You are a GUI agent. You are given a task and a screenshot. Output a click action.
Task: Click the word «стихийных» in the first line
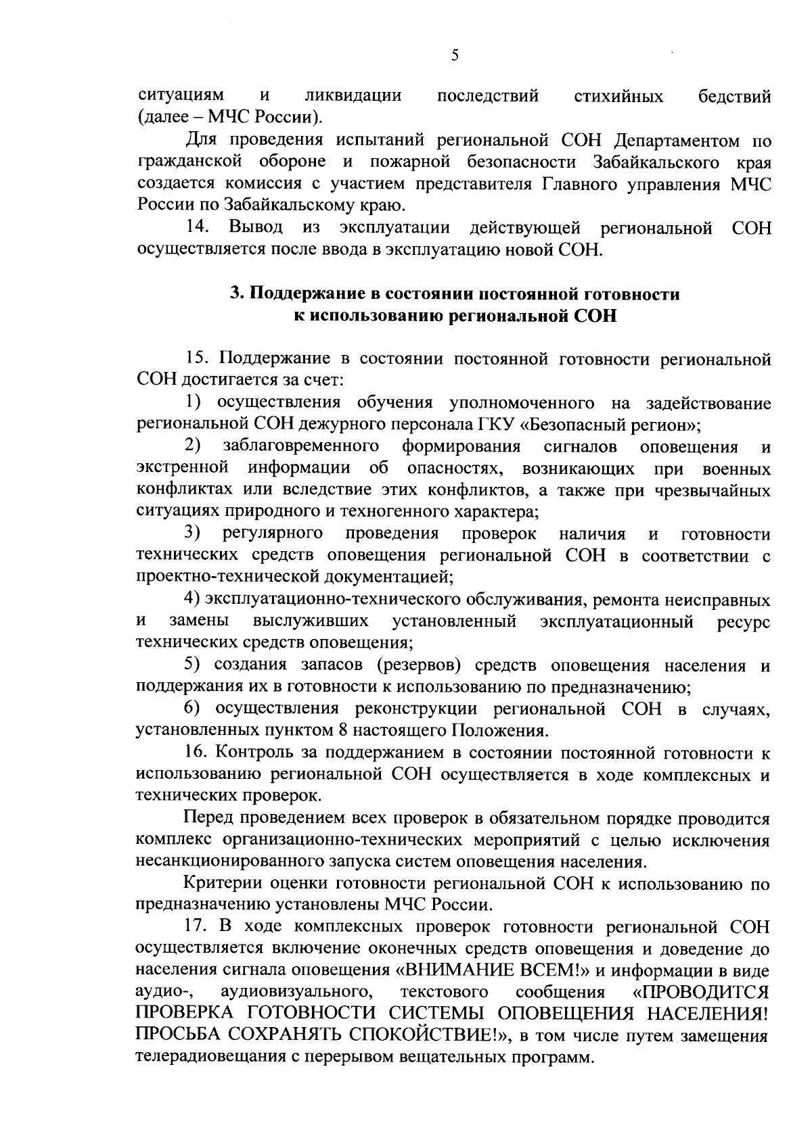[x=618, y=97]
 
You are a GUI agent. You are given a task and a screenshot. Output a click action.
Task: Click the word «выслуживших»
[x=311, y=621]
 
